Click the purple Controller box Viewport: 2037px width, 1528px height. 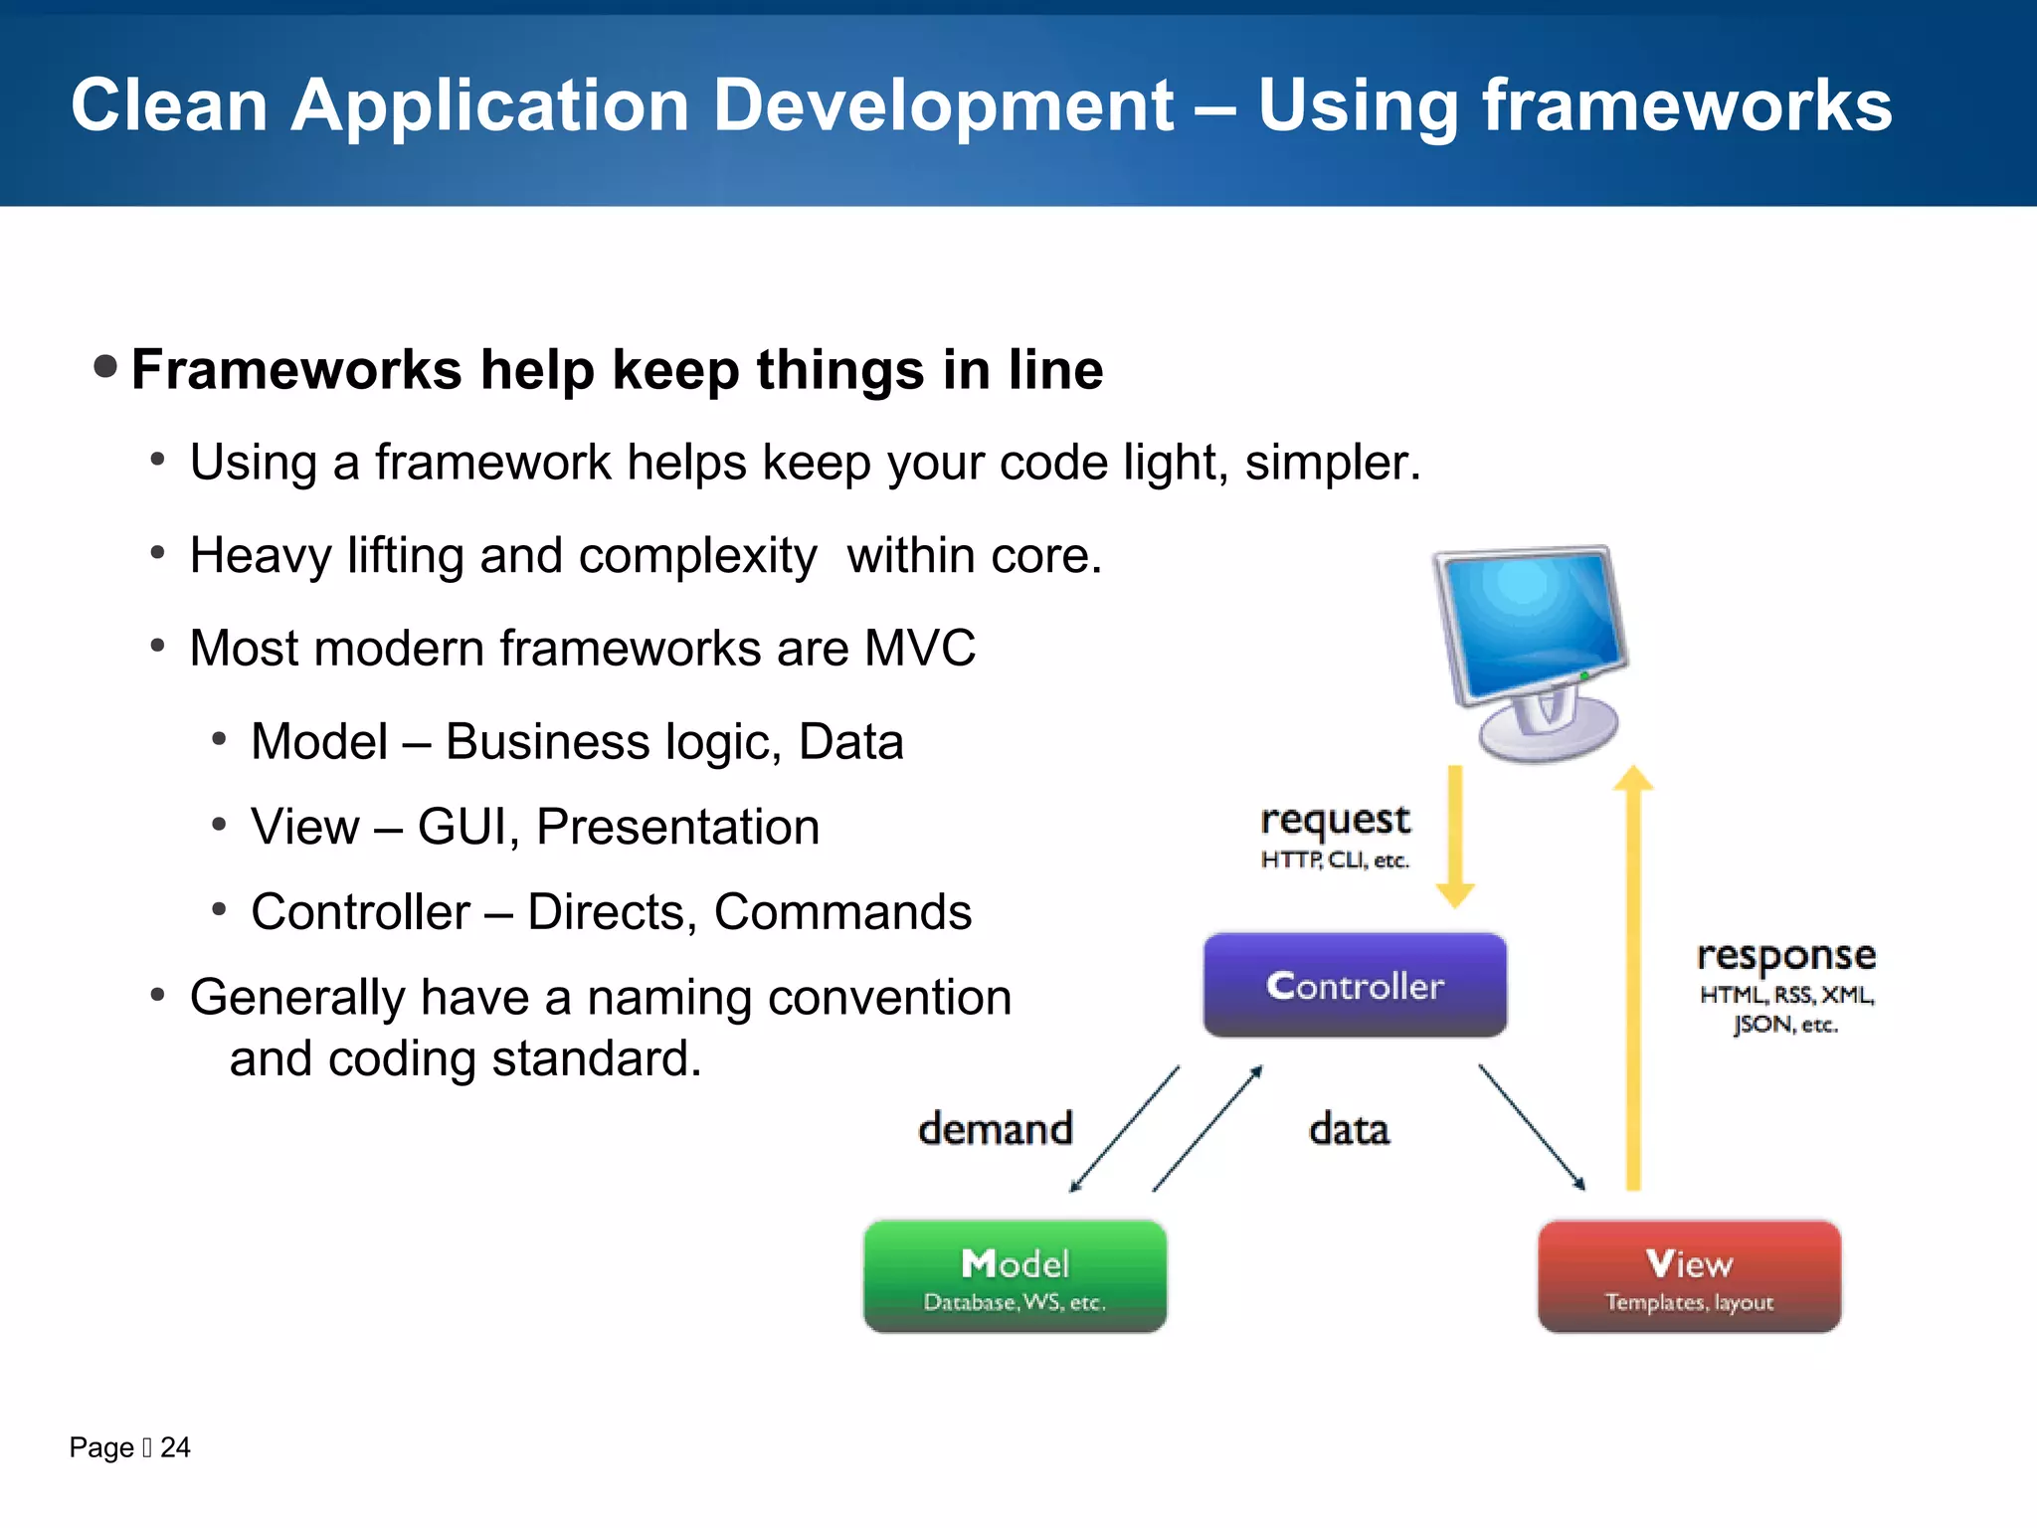[x=1355, y=985]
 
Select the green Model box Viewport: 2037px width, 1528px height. [x=1015, y=1276]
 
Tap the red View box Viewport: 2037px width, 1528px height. [x=1689, y=1276]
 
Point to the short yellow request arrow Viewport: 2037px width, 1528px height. [x=1455, y=836]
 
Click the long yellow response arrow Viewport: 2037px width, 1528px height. [x=1633, y=975]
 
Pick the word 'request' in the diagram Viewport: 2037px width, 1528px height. [x=1335, y=820]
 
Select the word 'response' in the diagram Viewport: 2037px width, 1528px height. [x=1786, y=955]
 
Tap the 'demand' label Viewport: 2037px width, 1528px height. [x=996, y=1129]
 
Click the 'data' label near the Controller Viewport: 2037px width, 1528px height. [x=1349, y=1130]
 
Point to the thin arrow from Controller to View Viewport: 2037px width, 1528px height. [x=1532, y=1127]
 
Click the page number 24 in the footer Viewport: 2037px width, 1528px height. [x=175, y=1447]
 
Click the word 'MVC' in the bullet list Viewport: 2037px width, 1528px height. [x=920, y=649]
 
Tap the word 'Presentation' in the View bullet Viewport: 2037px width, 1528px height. [x=677, y=827]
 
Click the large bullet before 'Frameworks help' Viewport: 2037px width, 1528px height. [x=105, y=366]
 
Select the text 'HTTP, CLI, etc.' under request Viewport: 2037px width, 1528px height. [x=1335, y=859]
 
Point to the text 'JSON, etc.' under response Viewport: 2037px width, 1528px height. [x=1785, y=1025]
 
